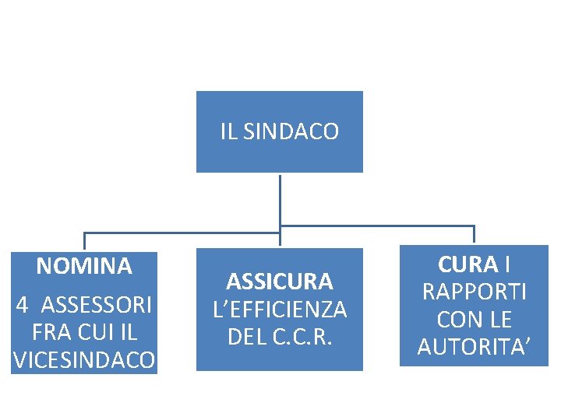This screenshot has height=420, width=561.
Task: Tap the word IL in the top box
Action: tap(228, 132)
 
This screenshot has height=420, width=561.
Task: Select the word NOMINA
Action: tap(84, 267)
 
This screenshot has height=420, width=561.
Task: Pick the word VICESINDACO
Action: tap(84, 360)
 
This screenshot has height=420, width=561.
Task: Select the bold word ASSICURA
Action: tap(280, 281)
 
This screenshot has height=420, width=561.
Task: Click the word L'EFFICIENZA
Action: tap(280, 310)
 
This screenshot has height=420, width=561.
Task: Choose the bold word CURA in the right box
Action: tap(467, 264)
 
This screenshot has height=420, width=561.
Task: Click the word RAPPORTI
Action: tap(474, 292)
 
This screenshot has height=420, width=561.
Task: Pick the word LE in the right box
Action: tap(499, 320)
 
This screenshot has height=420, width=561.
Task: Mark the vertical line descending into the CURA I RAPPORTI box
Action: tap(474, 235)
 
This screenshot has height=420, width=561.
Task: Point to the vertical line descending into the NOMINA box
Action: tap(84, 241)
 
